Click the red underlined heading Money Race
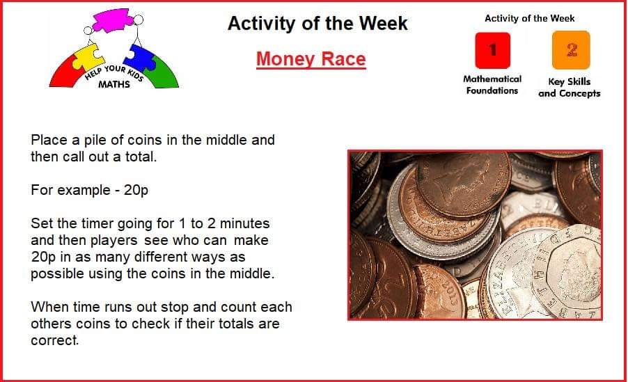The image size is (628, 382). point(311,59)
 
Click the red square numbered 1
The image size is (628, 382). point(493,51)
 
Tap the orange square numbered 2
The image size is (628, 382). point(571,50)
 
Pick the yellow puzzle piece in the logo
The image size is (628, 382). point(88,57)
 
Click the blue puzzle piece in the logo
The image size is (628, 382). point(140,57)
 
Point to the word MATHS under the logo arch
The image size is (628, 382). point(114,84)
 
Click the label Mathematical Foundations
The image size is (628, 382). point(492,84)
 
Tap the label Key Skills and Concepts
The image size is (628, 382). point(569,87)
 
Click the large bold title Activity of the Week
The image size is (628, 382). point(317,23)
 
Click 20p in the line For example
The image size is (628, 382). point(136,190)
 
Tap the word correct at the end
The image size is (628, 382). point(54,340)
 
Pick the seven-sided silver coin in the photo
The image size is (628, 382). point(568,272)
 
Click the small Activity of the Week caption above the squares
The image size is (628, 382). point(529,18)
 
